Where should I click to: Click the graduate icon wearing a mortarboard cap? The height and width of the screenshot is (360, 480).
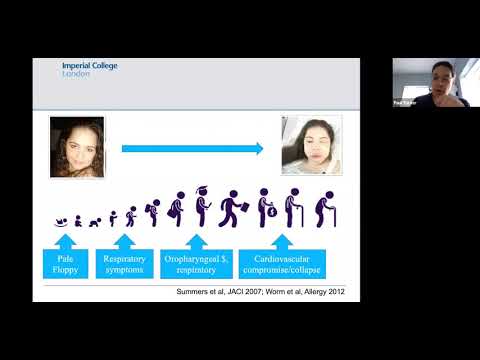pyautogui.click(x=204, y=207)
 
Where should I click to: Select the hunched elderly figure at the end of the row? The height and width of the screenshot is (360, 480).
pyautogui.click(x=326, y=209)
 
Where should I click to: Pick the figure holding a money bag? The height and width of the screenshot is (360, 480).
pyautogui.click(x=267, y=208)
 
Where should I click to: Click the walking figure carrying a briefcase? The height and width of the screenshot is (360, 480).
pyautogui.click(x=232, y=208)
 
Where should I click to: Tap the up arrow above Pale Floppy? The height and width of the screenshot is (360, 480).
pyautogui.click(x=65, y=240)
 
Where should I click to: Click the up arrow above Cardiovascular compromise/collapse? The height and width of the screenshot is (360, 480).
pyautogui.click(x=283, y=240)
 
